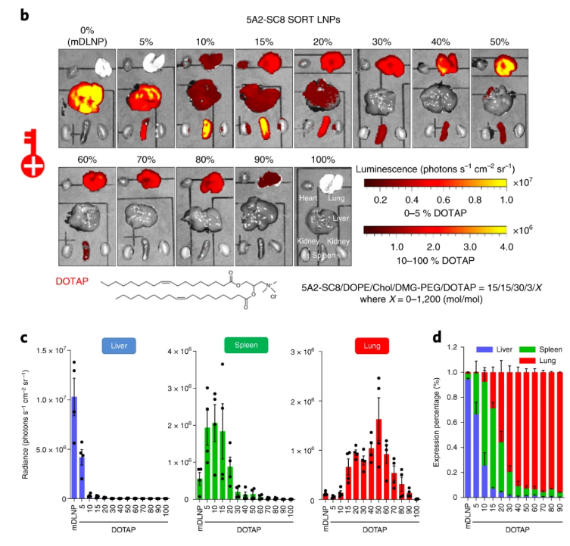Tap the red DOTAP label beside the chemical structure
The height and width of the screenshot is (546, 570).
(x=74, y=281)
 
